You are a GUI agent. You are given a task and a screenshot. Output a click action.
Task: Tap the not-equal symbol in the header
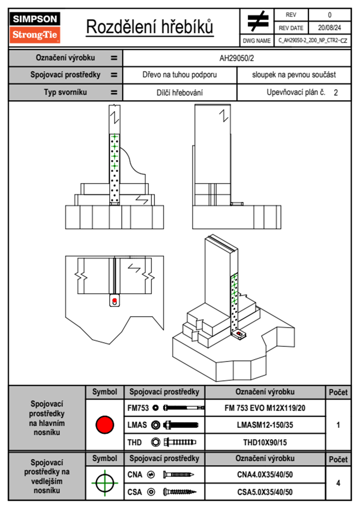click(257, 21)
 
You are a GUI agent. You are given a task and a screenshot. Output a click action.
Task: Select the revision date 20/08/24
click(329, 28)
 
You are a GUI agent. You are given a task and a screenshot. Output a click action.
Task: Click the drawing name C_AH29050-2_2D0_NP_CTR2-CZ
click(313, 41)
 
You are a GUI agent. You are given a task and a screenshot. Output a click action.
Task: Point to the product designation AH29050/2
click(237, 58)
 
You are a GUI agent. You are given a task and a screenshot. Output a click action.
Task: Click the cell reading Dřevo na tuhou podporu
click(179, 75)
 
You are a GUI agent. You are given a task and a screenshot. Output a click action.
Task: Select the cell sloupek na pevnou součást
click(294, 75)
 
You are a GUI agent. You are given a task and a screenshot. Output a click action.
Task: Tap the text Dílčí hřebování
click(179, 93)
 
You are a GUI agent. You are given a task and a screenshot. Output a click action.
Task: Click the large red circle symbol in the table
click(105, 425)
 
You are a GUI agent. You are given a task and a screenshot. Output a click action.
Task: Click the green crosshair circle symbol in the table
click(105, 483)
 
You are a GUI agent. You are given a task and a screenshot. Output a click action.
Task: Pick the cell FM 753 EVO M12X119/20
click(265, 408)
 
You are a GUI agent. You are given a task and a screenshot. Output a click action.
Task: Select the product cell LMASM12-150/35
click(265, 425)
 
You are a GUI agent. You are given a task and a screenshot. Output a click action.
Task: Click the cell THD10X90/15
click(265, 442)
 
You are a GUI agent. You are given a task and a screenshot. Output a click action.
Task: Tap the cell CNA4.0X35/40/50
click(265, 475)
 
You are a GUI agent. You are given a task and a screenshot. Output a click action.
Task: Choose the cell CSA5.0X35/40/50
click(265, 492)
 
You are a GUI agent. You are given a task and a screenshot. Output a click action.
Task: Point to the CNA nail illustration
click(178, 475)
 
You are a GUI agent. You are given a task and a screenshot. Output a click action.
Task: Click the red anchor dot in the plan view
click(115, 300)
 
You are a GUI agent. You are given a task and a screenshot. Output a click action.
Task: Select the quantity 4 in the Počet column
click(338, 483)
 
